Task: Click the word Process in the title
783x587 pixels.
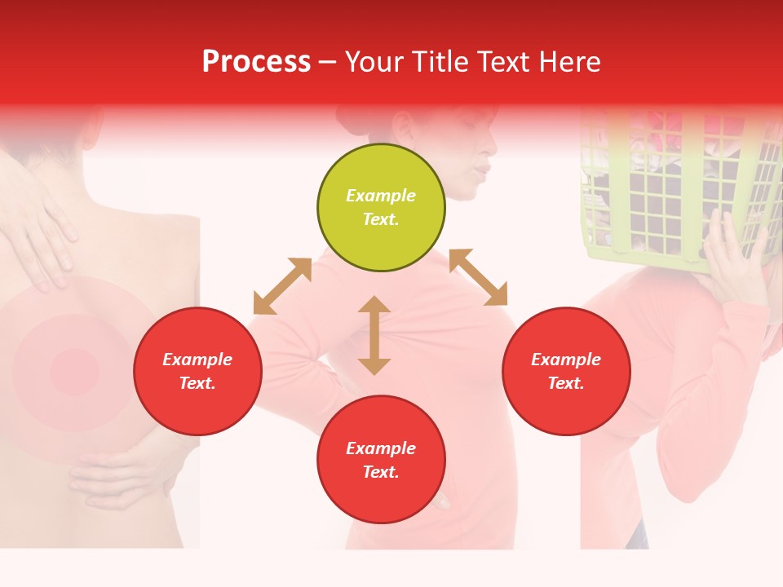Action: coord(256,62)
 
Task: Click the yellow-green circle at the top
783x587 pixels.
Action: coord(381,208)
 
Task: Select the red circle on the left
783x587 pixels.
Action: coord(197,371)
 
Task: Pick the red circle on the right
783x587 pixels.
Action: coord(566,371)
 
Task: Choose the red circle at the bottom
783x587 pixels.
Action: coord(381,460)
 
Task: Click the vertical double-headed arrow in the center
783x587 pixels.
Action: coord(374,335)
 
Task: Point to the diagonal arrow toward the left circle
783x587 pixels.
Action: coord(282,286)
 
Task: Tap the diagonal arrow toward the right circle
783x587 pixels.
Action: coord(479,277)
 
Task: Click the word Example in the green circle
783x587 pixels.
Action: coord(381,196)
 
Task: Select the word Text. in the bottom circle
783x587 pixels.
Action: coord(381,472)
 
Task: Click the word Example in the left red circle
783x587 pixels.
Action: coord(197,360)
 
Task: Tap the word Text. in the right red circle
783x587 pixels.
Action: coord(566,383)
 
